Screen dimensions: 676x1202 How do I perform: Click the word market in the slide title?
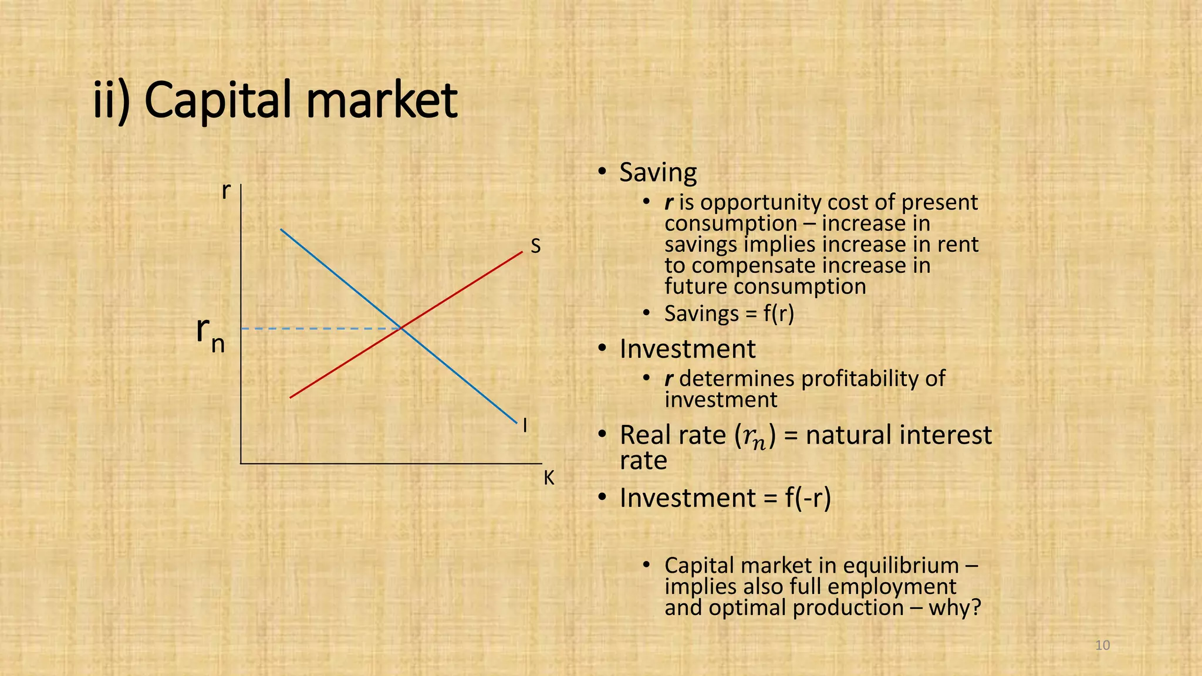(x=381, y=101)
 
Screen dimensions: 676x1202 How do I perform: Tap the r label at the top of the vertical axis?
(x=226, y=191)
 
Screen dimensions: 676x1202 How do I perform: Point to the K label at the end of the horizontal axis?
(x=549, y=478)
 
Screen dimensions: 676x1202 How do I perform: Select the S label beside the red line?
(x=535, y=246)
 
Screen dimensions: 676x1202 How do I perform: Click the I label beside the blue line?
(x=525, y=425)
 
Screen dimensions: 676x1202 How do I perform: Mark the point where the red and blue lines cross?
(x=401, y=328)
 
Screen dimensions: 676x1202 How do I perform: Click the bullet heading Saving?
(x=658, y=173)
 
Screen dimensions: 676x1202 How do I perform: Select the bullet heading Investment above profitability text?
(x=687, y=349)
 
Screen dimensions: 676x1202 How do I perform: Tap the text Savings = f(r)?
(x=729, y=313)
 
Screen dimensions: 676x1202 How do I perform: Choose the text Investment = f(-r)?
(x=725, y=498)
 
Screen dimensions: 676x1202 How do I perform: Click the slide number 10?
(x=1103, y=645)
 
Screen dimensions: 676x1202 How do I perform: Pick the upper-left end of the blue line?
(x=282, y=229)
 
